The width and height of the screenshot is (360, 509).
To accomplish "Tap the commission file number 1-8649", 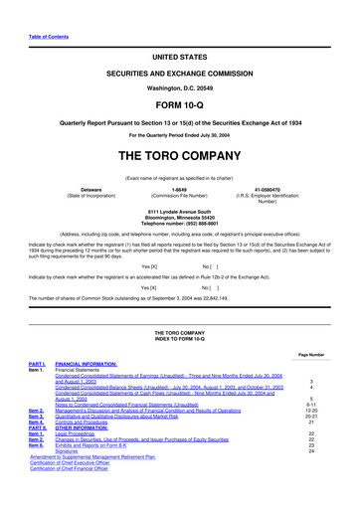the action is tap(180, 190).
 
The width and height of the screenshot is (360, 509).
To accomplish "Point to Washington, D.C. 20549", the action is tap(179, 86).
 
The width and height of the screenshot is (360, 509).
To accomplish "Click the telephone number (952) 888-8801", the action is tap(180, 224).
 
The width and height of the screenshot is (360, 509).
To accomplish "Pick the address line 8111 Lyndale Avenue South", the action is tap(180, 211).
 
